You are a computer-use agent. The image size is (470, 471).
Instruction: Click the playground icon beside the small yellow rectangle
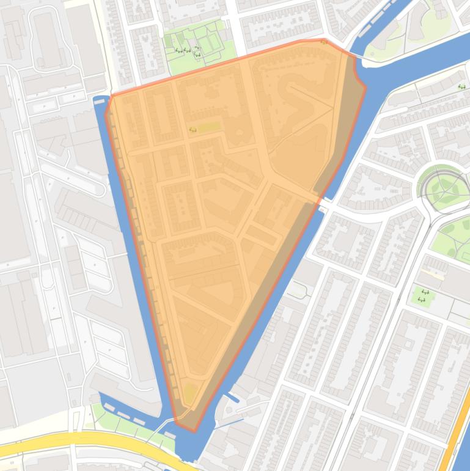pos(193,128)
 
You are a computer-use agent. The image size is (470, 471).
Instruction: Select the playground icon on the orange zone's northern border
pos(323,42)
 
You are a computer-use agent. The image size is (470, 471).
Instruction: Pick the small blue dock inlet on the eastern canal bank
pos(232,398)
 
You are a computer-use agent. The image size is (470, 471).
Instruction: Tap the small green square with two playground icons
pos(423,297)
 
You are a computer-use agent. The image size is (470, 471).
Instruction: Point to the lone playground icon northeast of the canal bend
pos(461,87)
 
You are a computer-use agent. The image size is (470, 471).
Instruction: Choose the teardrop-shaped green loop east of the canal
pos(296,289)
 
